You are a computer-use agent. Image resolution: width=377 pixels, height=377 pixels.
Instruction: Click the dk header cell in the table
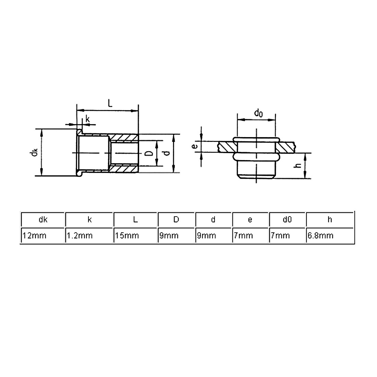point(43,219)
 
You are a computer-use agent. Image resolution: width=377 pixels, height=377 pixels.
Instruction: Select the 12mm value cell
point(43,235)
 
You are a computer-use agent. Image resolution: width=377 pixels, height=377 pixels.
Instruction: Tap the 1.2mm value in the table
point(89,235)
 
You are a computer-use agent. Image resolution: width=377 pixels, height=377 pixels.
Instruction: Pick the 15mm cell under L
point(135,235)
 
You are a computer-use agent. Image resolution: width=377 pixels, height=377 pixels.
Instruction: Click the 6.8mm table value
point(330,235)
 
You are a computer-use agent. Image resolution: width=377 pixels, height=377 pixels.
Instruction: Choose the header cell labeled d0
point(287,219)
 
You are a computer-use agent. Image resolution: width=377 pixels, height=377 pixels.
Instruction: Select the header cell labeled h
point(330,219)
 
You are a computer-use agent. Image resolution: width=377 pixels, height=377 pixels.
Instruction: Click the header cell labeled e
point(250,219)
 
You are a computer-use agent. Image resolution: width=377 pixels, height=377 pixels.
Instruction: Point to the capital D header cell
point(176,219)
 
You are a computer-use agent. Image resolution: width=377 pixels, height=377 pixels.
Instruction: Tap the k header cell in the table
point(89,219)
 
